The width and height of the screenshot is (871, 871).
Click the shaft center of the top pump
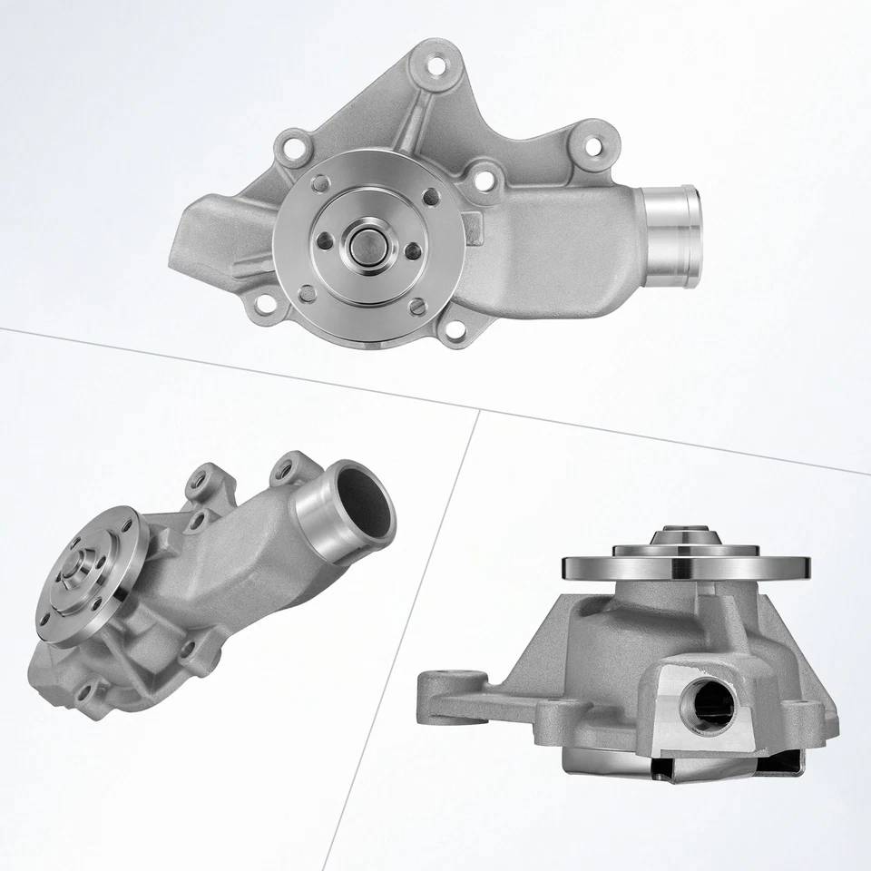(369, 243)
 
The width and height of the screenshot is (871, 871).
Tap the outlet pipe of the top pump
(672, 235)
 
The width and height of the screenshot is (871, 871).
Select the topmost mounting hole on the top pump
(438, 66)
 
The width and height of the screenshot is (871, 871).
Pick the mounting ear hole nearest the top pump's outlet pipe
(592, 145)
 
